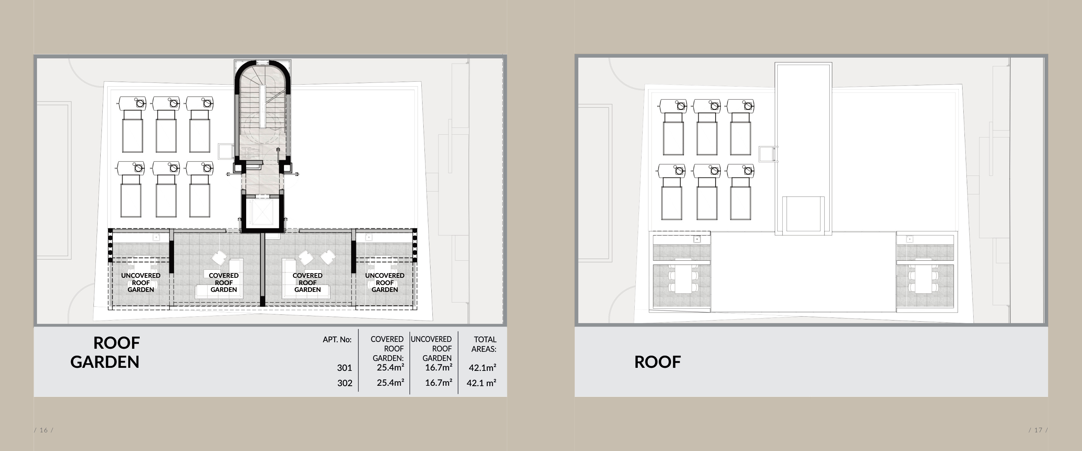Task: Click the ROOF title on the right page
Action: coord(657,362)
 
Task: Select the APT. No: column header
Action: coord(337,340)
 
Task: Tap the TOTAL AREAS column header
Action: coord(484,344)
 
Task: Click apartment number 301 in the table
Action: coord(344,368)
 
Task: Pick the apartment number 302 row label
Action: coord(344,383)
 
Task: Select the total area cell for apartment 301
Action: coord(482,368)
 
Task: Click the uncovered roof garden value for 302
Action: coord(439,383)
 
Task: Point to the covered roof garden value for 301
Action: coord(390,367)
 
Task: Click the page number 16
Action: coord(44,430)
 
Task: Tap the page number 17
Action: coord(1038,430)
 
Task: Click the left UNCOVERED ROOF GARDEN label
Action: coord(141,283)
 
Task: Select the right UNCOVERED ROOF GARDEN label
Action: coord(384,283)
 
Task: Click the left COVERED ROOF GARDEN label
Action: coord(223,283)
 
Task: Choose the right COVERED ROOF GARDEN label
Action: coord(308,283)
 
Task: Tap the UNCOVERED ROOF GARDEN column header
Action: coord(431,348)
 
